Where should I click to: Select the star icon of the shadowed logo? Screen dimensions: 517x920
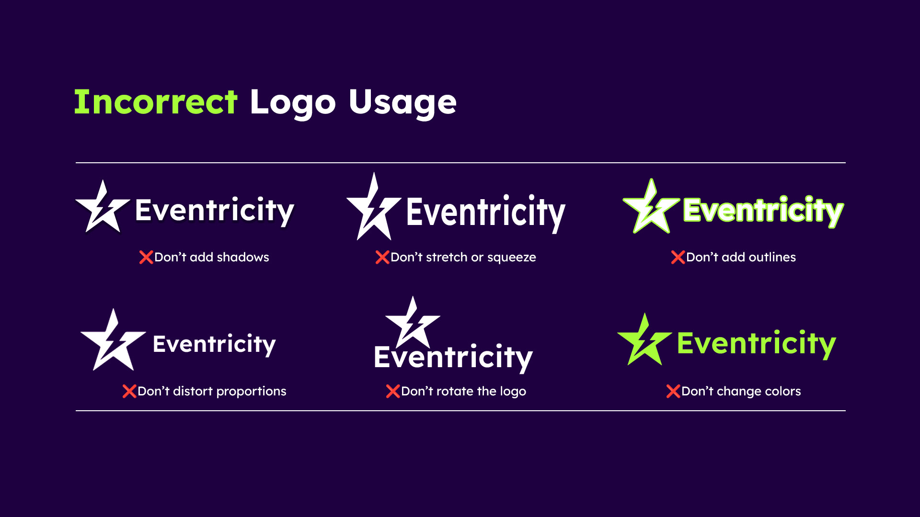pos(102,209)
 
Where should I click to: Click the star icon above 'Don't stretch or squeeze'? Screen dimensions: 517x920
pos(373,211)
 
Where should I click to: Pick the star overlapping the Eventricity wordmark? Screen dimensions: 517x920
pos(412,323)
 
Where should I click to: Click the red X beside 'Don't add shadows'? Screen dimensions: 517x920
pos(146,258)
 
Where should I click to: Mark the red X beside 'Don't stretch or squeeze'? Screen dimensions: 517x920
pos(382,258)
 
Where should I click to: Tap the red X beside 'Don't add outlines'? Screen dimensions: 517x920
pos(678,258)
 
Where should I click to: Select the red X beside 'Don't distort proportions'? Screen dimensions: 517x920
pos(129,392)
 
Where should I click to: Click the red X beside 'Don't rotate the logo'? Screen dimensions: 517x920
pos(392,392)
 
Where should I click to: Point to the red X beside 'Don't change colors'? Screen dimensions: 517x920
pos(673,392)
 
